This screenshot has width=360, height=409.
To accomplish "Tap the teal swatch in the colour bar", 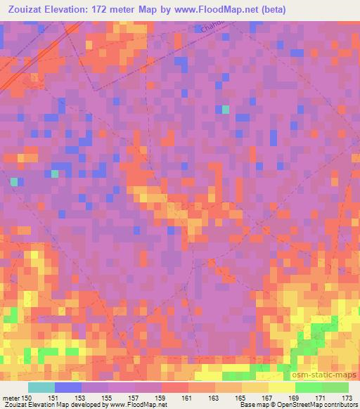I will coord(41,387).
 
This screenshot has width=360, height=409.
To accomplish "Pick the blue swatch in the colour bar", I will coord(68,387).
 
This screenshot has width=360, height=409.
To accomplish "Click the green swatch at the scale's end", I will coord(335,387).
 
